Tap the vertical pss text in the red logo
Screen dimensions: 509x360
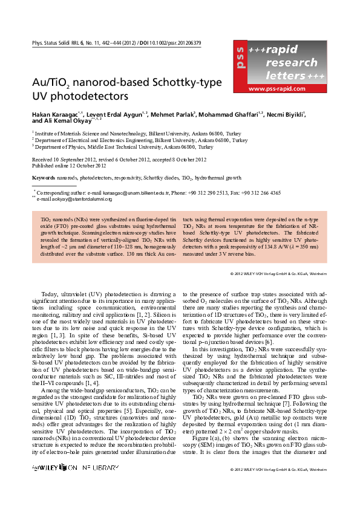coord(240,58)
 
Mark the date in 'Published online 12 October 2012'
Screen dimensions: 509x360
coord(85,165)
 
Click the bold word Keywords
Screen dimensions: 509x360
coord(43,178)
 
